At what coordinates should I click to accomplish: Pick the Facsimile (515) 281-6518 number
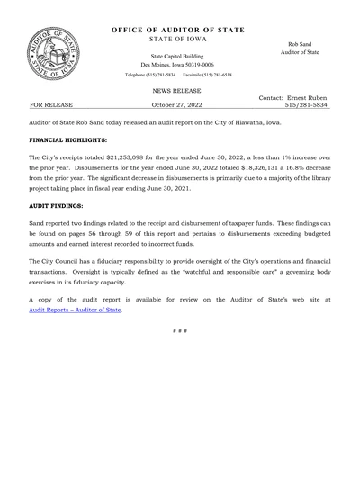210,75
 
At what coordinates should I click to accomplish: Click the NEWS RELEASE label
176,91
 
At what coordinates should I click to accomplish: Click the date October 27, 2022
177,105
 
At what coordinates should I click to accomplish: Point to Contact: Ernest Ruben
292,97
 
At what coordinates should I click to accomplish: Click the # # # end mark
180,331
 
